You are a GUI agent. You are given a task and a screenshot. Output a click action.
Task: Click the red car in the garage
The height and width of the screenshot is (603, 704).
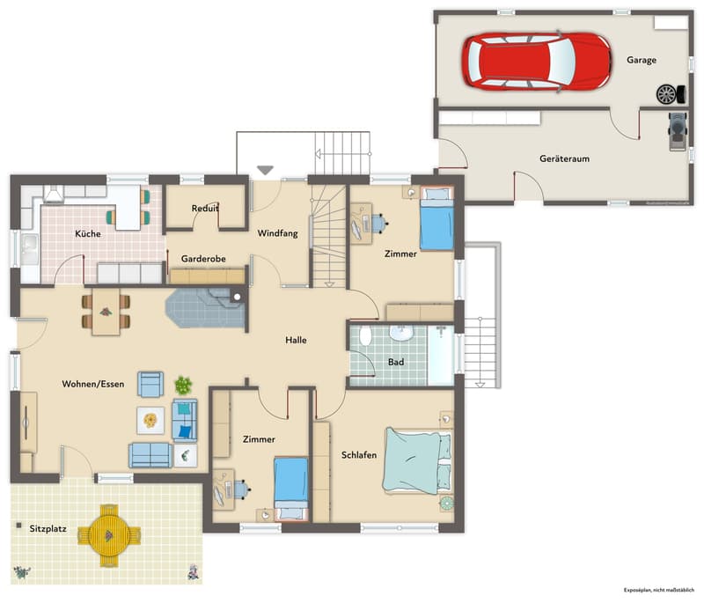pyautogui.click(x=537, y=61)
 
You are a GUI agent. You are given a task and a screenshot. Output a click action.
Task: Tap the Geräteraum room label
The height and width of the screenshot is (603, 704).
pyautogui.click(x=564, y=158)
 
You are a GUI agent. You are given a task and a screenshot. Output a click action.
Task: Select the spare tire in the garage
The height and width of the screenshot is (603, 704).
pyautogui.click(x=666, y=94)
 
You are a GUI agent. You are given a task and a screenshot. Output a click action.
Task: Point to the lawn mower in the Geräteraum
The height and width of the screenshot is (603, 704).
pyautogui.click(x=678, y=131)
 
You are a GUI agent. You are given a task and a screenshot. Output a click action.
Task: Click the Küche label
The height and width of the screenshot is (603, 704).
pyautogui.click(x=88, y=233)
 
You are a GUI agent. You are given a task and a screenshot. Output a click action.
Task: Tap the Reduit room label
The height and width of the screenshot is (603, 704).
pyautogui.click(x=205, y=209)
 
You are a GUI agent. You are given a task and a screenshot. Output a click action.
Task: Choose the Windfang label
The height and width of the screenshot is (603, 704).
pyautogui.click(x=277, y=233)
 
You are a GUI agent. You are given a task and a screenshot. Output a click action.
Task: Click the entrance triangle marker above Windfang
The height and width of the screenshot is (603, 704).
pyautogui.click(x=265, y=170)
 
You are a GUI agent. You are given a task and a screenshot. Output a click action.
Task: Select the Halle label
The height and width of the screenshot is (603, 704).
pyautogui.click(x=296, y=340)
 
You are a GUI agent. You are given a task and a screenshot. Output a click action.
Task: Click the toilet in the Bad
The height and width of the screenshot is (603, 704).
pyautogui.click(x=365, y=335)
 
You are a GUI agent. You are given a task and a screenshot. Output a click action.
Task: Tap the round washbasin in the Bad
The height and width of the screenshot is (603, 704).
pyautogui.click(x=401, y=333)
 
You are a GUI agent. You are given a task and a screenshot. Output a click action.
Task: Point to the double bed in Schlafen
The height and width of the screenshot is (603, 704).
pyautogui.click(x=416, y=460)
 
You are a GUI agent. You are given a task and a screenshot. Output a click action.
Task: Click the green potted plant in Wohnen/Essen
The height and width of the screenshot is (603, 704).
pyautogui.click(x=183, y=386)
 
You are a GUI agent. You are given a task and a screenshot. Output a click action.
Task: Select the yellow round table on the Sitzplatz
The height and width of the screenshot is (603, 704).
pyautogui.click(x=109, y=535)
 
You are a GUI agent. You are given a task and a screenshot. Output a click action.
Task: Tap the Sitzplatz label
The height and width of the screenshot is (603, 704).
pyautogui.click(x=48, y=528)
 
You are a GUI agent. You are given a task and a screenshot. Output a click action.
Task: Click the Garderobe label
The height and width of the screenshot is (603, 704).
pyautogui.click(x=203, y=259)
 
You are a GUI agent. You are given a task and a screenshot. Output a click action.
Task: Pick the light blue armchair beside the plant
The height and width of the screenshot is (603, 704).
pyautogui.click(x=150, y=385)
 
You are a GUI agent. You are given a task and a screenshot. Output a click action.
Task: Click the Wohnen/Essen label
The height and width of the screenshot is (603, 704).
pyautogui.click(x=93, y=384)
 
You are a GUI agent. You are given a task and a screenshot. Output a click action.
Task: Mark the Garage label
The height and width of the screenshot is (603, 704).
pyautogui.click(x=642, y=60)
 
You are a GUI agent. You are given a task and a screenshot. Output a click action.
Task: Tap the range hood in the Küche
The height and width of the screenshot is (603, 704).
pyautogui.click(x=54, y=194)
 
